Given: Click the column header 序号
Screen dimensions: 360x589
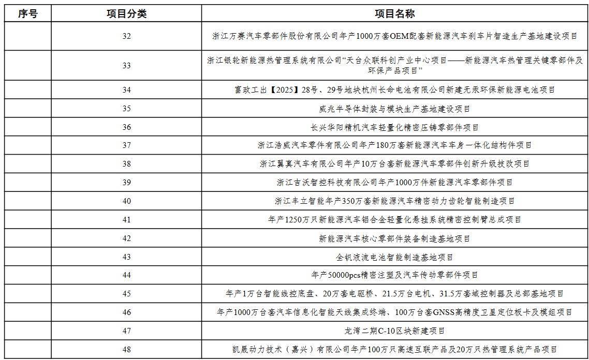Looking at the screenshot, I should click(28, 14).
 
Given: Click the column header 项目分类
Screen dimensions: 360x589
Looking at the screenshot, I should click(127, 14).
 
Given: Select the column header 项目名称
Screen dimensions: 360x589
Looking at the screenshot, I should click(394, 14).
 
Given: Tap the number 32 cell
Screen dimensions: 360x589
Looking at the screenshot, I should click(127, 36).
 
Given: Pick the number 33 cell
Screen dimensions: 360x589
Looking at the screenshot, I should click(127, 66).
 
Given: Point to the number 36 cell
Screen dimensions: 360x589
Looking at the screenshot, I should click(127, 127).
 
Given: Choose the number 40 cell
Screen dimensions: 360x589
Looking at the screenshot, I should click(127, 201).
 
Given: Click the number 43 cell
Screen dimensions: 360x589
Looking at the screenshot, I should click(127, 257).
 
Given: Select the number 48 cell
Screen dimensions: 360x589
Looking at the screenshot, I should click(127, 350).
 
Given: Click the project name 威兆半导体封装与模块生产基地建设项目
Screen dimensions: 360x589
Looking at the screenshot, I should click(394, 109).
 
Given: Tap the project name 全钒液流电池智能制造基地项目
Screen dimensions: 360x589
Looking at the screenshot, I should click(394, 257).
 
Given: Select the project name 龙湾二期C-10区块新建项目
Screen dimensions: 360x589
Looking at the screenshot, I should click(394, 331).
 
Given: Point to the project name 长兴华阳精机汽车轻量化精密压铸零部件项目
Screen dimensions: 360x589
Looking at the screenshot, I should click(394, 127).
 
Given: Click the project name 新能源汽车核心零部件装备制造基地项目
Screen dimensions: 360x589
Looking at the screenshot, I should click(394, 238).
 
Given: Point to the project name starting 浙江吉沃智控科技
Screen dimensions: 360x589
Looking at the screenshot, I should click(394, 183).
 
